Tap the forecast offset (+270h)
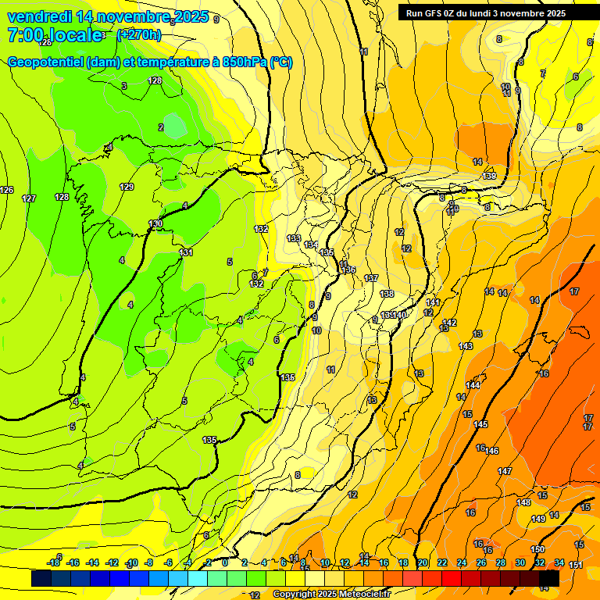click(139, 34)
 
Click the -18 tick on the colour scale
click(54, 563)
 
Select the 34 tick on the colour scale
click(559, 563)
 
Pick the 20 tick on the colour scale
click(423, 563)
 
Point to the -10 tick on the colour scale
click(131, 563)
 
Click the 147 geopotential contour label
click(505, 471)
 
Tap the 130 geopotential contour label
click(156, 224)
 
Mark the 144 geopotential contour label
click(473, 386)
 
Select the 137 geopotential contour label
click(371, 278)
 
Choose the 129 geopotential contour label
click(127, 187)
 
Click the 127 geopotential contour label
click(29, 198)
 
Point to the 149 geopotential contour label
click(538, 520)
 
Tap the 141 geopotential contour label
click(434, 302)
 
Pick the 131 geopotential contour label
click(186, 252)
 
